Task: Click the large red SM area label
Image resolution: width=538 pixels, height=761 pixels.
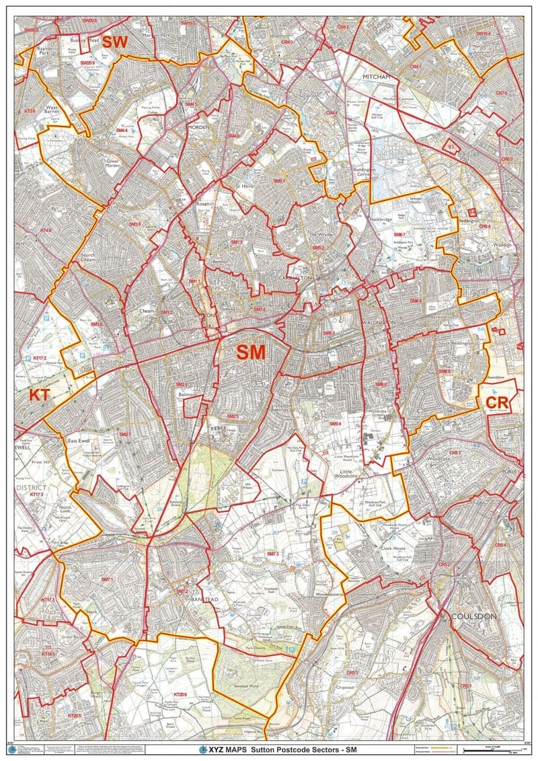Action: (251, 351)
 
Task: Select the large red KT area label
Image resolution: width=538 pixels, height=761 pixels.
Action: (39, 395)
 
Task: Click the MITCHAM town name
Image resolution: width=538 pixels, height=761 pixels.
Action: (376, 77)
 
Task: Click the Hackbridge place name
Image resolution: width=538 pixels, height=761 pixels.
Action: (382, 219)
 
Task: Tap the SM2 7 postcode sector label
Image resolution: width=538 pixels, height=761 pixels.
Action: (124, 434)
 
